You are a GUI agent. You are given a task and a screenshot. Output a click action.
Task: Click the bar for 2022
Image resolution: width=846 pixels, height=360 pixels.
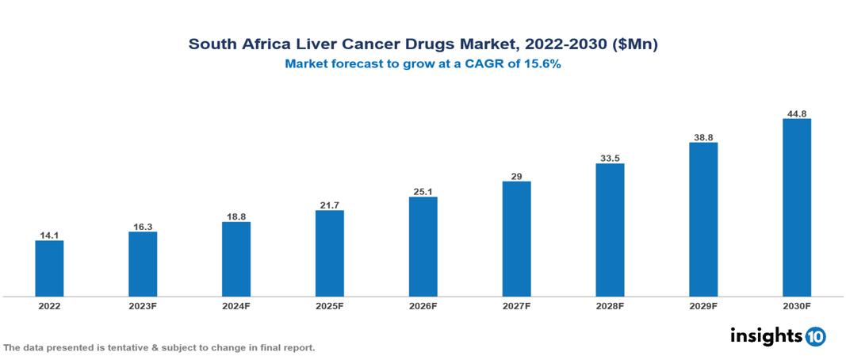(x=49, y=268)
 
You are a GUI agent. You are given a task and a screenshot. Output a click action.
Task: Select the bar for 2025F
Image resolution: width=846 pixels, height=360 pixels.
(x=329, y=253)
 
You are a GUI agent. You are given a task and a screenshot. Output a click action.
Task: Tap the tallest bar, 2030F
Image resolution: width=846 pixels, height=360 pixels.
(x=796, y=208)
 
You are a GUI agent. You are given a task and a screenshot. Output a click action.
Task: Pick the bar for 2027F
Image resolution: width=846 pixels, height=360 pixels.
(x=516, y=239)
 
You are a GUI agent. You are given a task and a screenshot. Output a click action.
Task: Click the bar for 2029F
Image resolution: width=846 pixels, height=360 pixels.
(x=703, y=220)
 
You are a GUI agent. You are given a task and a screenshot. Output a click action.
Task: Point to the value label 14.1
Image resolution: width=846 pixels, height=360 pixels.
(x=49, y=235)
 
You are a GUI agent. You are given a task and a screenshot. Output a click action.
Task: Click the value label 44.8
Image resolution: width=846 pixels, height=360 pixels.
(x=796, y=113)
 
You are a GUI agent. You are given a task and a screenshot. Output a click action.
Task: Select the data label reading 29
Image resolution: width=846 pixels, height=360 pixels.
(x=516, y=176)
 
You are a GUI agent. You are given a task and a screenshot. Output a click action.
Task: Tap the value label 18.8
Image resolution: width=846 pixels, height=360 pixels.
(x=236, y=216)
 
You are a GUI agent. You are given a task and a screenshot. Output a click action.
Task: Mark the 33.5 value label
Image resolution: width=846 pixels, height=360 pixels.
(x=610, y=158)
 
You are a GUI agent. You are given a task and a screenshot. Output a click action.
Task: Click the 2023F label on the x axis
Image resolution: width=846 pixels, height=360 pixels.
(x=143, y=306)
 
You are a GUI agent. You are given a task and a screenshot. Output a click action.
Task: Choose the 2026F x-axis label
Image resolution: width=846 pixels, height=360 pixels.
(x=423, y=306)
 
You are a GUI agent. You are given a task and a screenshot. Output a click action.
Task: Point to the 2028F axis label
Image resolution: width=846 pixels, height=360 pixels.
(x=610, y=306)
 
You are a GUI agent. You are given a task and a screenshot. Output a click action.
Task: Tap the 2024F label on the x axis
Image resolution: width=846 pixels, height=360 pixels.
(x=236, y=306)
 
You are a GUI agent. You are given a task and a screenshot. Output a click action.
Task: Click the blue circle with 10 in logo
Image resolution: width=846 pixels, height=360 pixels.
(x=815, y=336)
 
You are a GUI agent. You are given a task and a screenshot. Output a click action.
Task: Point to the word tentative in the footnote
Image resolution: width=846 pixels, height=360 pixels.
(x=138, y=347)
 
